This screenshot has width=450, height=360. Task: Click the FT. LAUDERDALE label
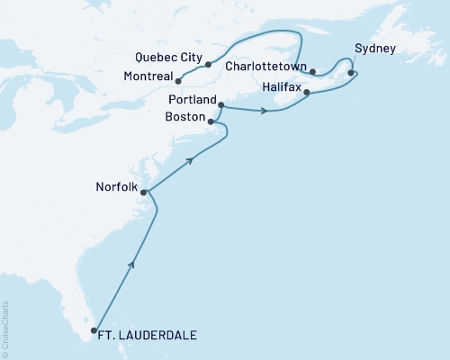(150, 337)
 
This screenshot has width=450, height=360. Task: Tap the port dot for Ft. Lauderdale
(94, 331)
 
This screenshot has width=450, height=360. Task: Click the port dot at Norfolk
(144, 192)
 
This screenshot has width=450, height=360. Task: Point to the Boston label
(185, 118)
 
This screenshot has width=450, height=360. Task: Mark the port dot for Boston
(211, 121)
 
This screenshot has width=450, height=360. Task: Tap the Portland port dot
(220, 105)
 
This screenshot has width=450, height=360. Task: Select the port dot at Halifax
(308, 93)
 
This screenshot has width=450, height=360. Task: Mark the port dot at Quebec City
(208, 65)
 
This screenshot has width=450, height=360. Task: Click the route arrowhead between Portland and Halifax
(264, 112)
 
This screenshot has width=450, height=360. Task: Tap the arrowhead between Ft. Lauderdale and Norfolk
(133, 264)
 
